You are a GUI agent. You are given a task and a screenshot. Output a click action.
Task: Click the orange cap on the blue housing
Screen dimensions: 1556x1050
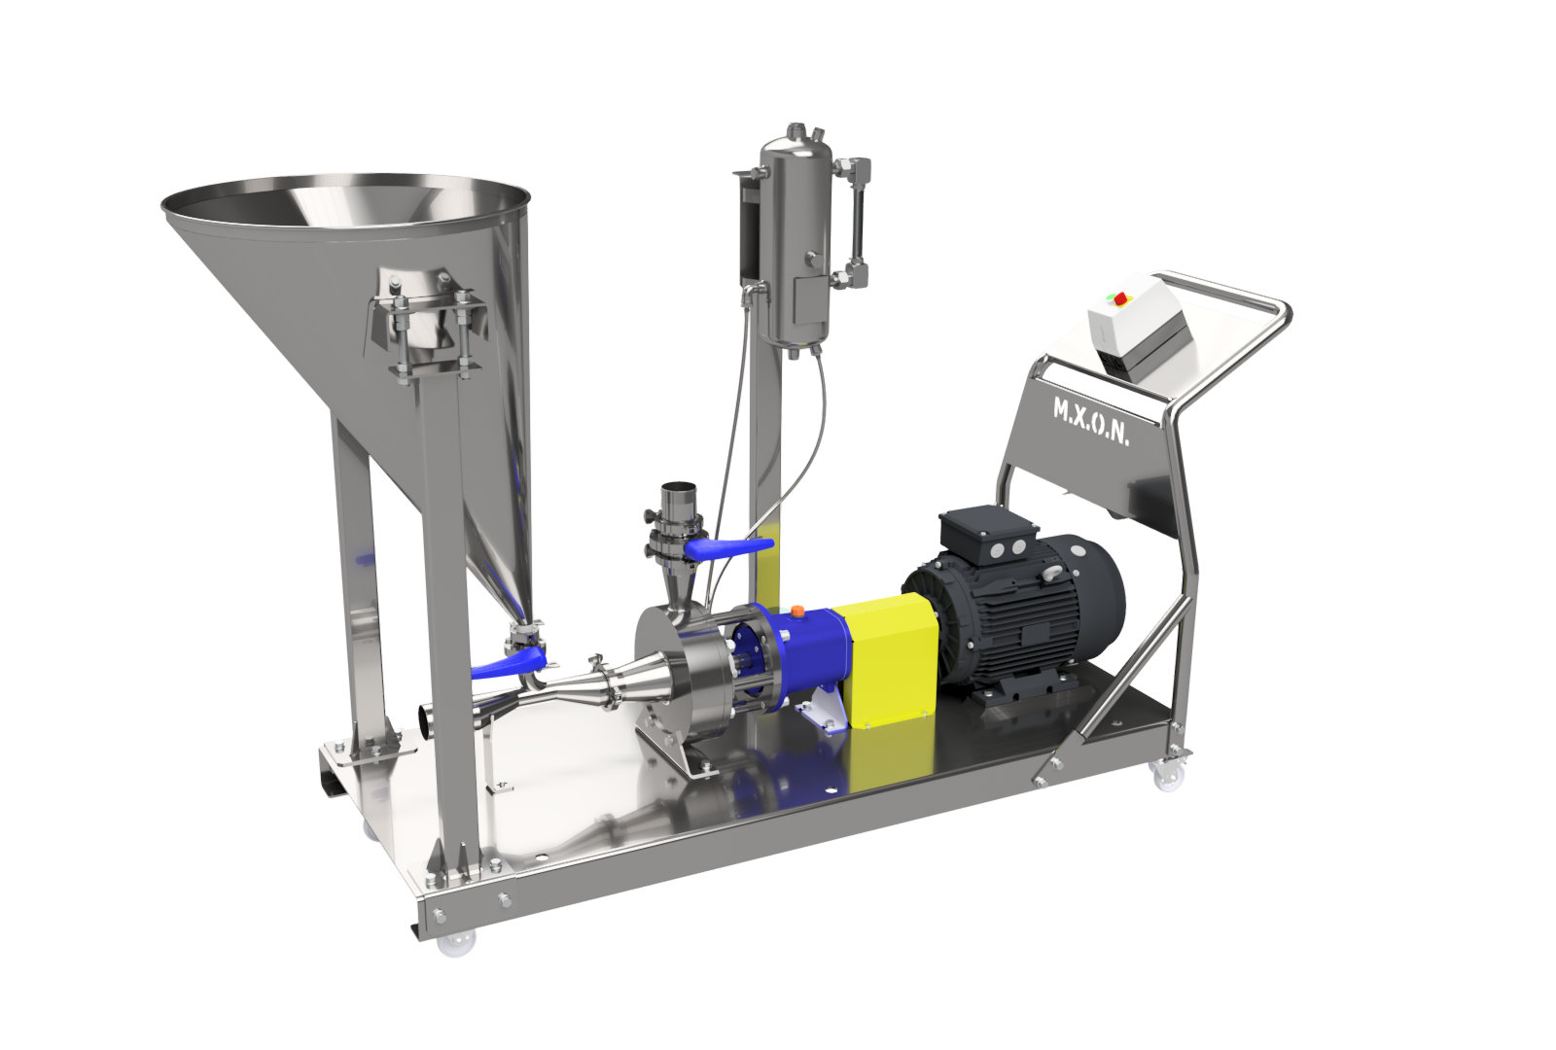(x=797, y=612)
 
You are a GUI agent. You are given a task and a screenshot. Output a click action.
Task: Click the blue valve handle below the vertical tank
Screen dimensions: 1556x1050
(x=728, y=548)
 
